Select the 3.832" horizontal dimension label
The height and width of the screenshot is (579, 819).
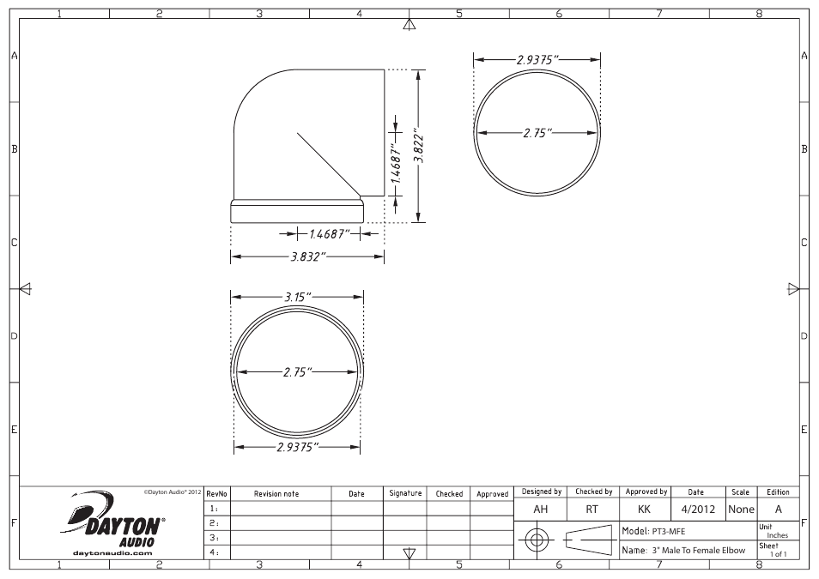(306, 256)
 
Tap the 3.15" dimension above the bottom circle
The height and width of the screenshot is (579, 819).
(297, 297)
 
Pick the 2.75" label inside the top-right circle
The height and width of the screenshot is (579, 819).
(537, 133)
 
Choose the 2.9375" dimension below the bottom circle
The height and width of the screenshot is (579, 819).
(298, 447)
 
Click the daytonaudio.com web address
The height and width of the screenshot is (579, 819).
(113, 552)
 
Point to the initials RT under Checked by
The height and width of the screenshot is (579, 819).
(591, 509)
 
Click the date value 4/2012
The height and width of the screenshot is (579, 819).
(696, 509)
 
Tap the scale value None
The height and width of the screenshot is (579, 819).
(741, 509)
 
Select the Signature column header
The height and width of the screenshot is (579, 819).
(405, 494)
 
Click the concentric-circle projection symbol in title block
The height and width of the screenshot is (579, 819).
(537, 540)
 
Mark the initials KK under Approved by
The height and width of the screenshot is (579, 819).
(645, 509)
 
